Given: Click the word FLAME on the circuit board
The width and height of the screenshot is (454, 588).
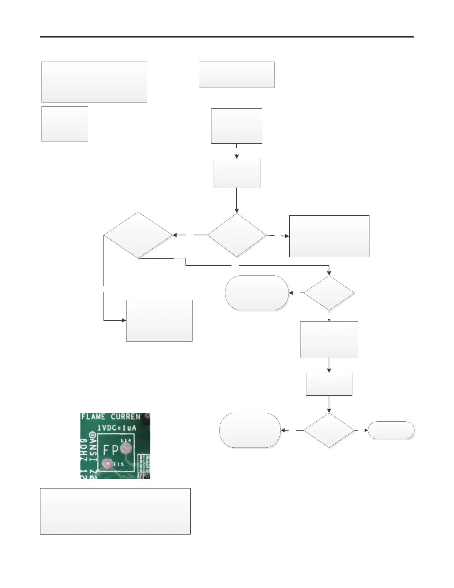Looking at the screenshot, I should pos(93,417).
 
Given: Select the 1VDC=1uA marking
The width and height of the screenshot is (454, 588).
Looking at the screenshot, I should pos(117,428).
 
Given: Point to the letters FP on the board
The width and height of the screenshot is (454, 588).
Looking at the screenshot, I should pos(111,450).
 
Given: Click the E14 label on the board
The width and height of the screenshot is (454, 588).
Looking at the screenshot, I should pos(126,440).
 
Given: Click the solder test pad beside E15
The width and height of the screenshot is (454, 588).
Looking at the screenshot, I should pos(107,463).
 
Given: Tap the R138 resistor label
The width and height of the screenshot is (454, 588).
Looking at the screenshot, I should pos(145,458).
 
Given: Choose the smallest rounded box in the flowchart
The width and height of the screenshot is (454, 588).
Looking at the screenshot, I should pos(391,430).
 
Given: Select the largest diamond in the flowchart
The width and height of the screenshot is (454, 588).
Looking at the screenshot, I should pos(138,235).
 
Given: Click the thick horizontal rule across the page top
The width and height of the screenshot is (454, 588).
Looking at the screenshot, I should pos(227,37).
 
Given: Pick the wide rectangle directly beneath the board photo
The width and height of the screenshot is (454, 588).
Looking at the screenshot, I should pos(115,511).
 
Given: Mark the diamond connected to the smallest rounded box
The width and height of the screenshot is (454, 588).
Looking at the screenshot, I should pos(329,430).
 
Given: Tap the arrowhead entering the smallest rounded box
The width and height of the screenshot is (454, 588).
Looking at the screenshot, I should pos(366,430).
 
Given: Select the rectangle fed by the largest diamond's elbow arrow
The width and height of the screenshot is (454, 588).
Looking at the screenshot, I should pos(159,320).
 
